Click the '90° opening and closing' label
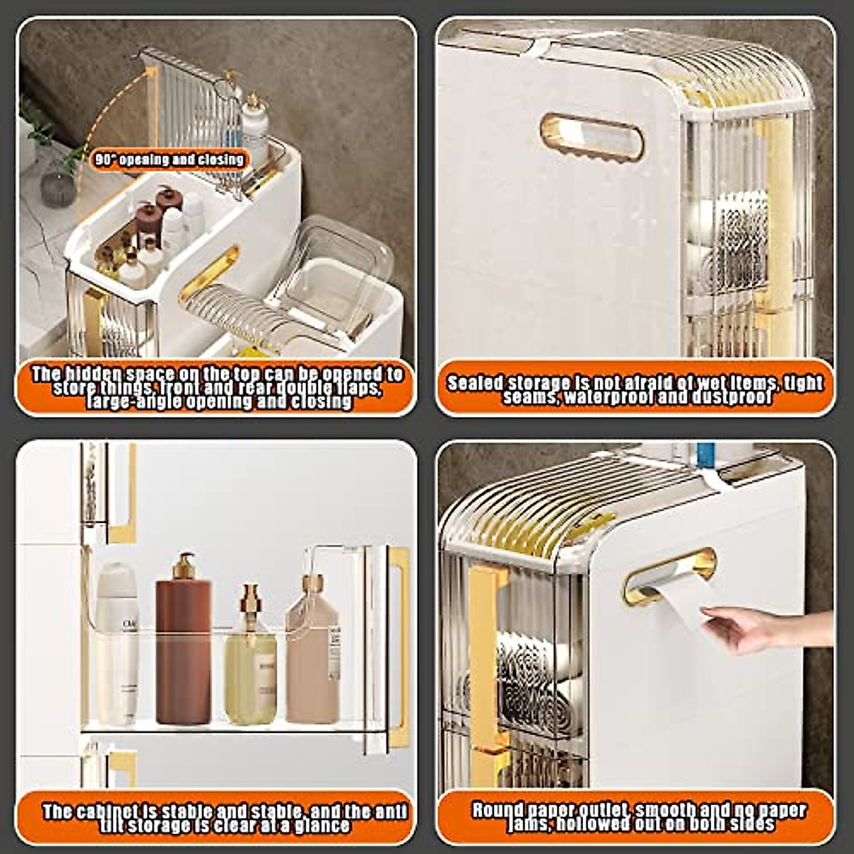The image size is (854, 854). [x=169, y=159]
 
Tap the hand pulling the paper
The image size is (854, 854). [x=754, y=628]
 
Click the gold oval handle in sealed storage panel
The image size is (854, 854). [x=591, y=137]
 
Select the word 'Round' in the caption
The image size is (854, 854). [x=496, y=810]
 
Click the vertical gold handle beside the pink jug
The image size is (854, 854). [x=400, y=648]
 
